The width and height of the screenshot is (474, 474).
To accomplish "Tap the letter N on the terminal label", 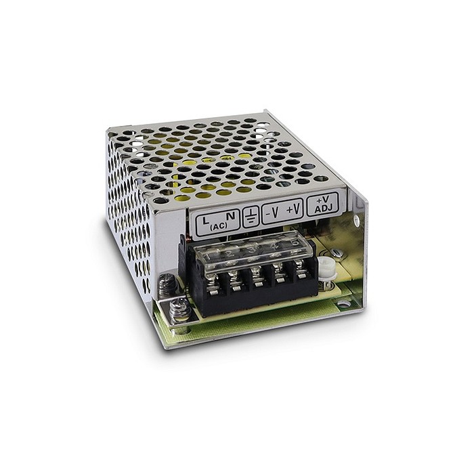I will click(231, 217).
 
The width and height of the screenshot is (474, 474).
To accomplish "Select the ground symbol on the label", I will click(251, 216).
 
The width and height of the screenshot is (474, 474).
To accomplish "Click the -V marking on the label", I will click(272, 212).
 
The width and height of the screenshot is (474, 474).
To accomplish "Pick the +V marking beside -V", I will click(293, 209).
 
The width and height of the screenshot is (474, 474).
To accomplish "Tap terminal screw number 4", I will click(278, 270).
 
